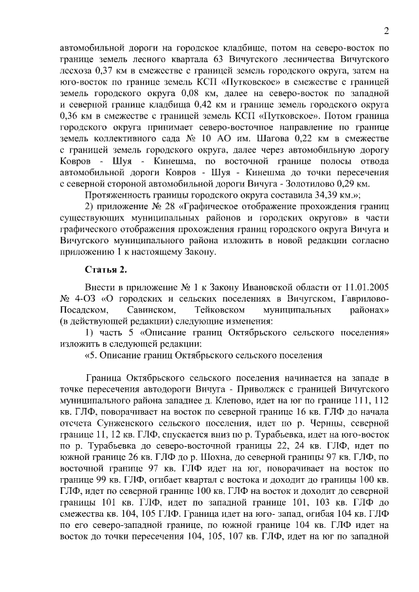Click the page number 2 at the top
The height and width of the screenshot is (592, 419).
[386, 31]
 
